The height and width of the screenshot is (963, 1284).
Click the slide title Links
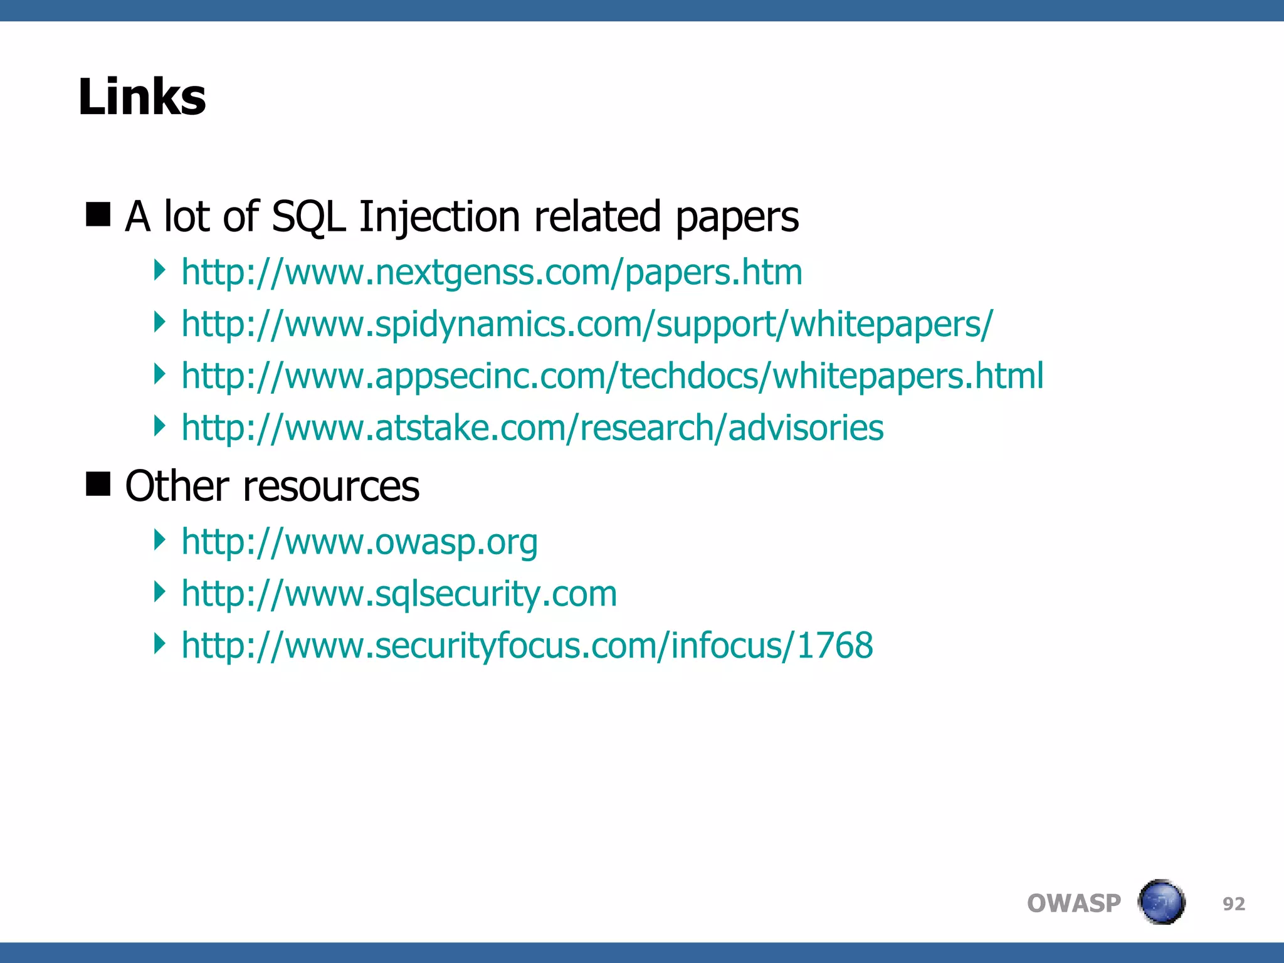click(x=142, y=97)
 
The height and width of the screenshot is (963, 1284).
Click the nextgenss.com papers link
click(x=492, y=273)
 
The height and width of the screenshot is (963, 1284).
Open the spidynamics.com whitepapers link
click(x=587, y=325)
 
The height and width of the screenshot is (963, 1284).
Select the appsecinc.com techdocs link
click(x=612, y=376)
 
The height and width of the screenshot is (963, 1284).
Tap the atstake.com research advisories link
click(x=532, y=428)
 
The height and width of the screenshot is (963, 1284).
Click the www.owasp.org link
click(x=359, y=542)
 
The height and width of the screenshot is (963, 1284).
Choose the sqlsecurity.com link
click(x=399, y=594)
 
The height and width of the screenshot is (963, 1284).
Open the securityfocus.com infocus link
click(x=527, y=645)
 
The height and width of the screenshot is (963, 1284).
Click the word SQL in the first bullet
click(x=308, y=217)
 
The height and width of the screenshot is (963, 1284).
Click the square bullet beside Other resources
click(x=98, y=483)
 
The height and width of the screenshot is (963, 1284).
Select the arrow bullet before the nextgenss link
click(x=160, y=270)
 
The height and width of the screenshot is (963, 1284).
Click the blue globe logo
click(x=1161, y=902)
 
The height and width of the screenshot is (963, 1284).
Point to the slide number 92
click(x=1233, y=903)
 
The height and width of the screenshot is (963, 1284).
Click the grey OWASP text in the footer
click(x=1073, y=903)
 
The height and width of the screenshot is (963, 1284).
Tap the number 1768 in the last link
click(x=834, y=645)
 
